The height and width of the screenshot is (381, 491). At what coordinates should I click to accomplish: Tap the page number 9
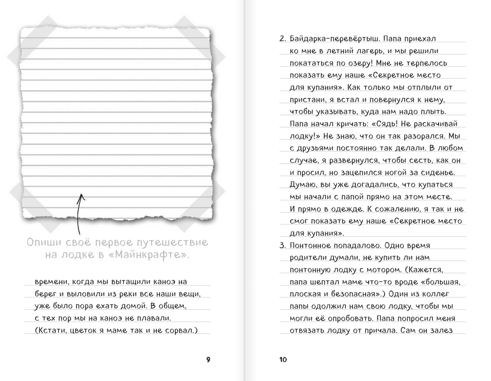209,359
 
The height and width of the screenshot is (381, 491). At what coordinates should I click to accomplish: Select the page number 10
283,359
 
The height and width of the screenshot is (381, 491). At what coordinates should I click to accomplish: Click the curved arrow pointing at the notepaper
80,215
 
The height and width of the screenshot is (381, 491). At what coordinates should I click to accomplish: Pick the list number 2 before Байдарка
282,39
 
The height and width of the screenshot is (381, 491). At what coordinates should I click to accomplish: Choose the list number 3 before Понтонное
282,245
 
